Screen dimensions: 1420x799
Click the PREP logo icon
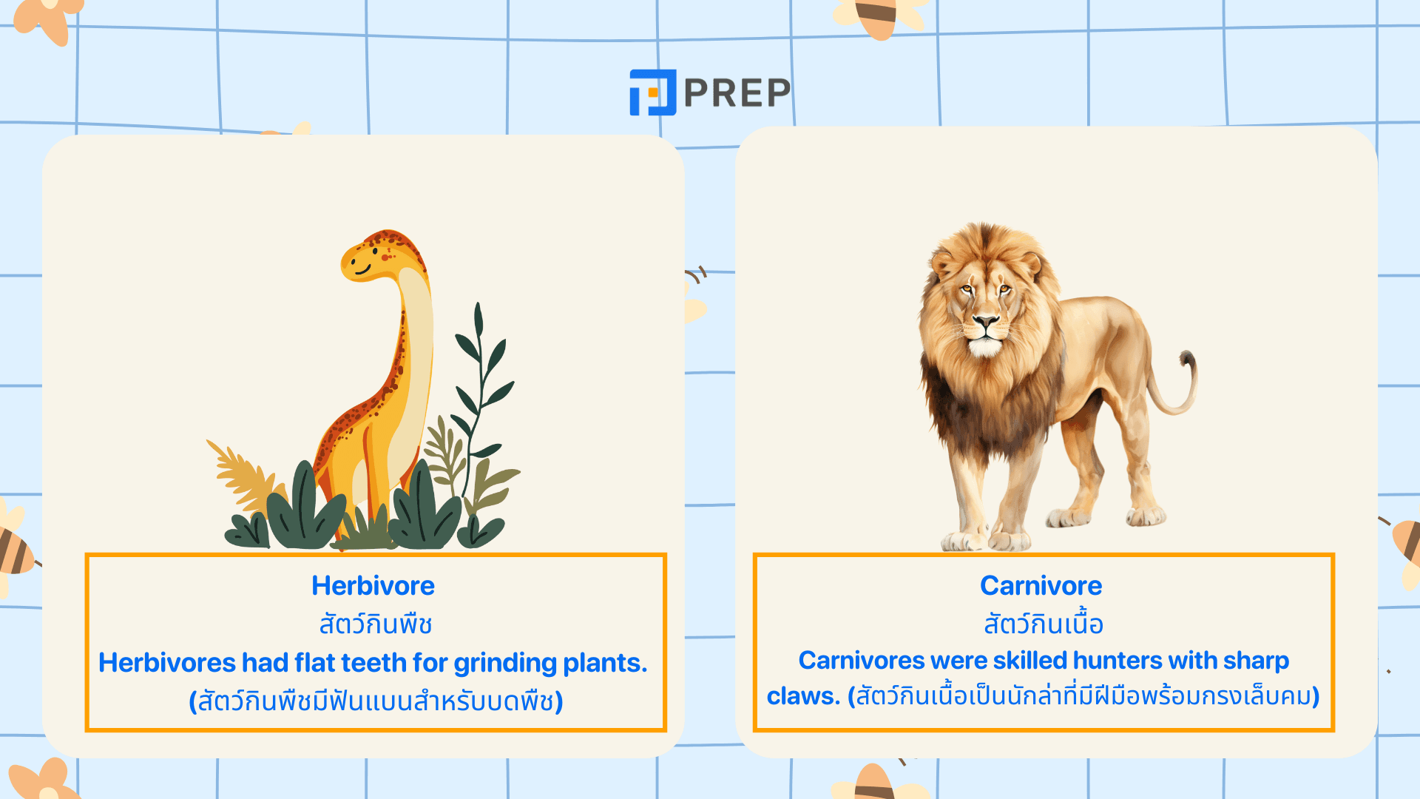pos(652,92)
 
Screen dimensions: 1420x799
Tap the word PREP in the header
pos(737,92)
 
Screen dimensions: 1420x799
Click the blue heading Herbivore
pos(373,585)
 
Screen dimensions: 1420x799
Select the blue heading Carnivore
pos(1041,585)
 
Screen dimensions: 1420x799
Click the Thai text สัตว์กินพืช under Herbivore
pos(376,624)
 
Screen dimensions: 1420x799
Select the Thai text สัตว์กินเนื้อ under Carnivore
pos(1043,624)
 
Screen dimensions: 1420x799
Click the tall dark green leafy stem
pos(481,385)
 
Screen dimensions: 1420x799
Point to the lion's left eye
pos(1004,289)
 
